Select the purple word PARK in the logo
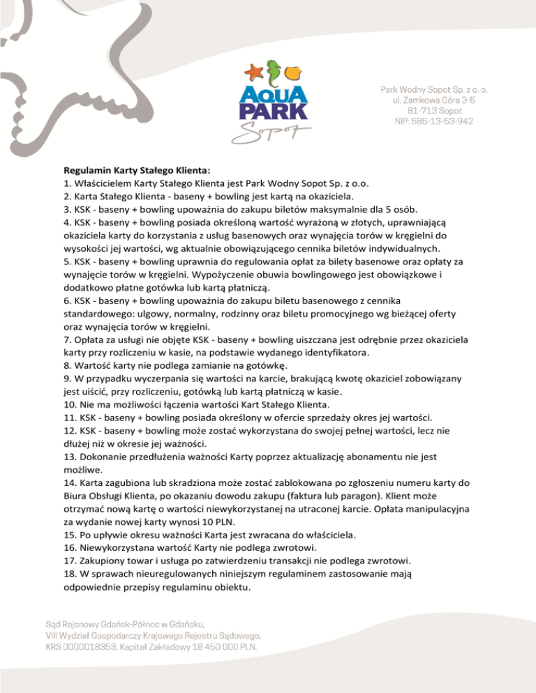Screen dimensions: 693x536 point(272,112)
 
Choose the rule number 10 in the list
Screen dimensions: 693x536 point(68,404)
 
